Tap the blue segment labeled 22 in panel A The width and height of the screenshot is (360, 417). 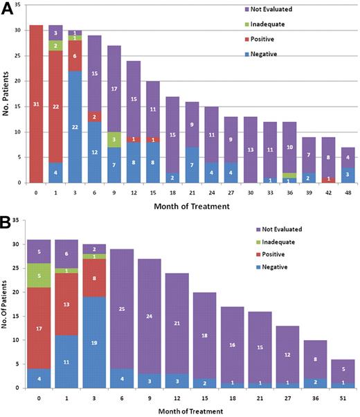pyautogui.click(x=75, y=127)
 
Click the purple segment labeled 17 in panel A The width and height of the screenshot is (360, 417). pyautogui.click(x=114, y=89)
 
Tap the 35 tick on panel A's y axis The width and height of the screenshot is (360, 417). pyautogui.click(x=19, y=5)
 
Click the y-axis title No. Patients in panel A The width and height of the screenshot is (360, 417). pyautogui.click(x=6, y=94)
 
